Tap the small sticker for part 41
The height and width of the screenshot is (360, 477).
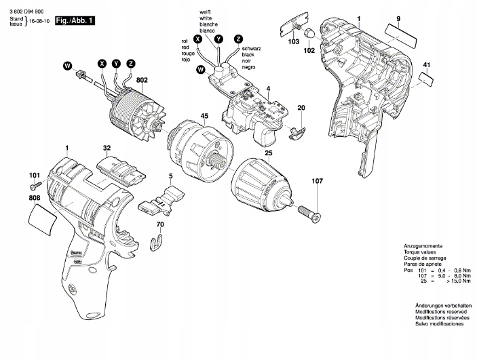(426, 78)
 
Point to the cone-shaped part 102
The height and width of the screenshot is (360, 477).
(308, 33)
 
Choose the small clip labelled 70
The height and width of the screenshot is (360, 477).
(158, 240)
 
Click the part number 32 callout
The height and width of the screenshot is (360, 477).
(107, 147)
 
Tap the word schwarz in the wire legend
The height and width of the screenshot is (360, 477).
(251, 49)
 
